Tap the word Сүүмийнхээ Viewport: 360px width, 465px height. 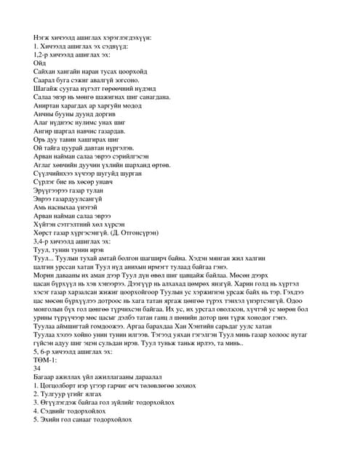pyautogui.click(x=52, y=173)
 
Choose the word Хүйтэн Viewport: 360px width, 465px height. pyautogui.click(x=44, y=225)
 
